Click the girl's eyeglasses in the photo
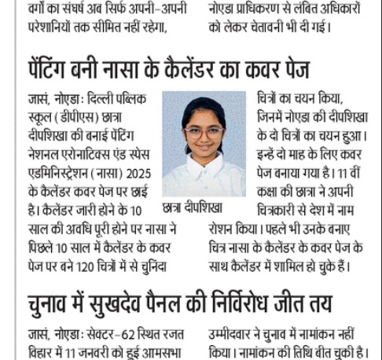(x=204, y=133)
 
